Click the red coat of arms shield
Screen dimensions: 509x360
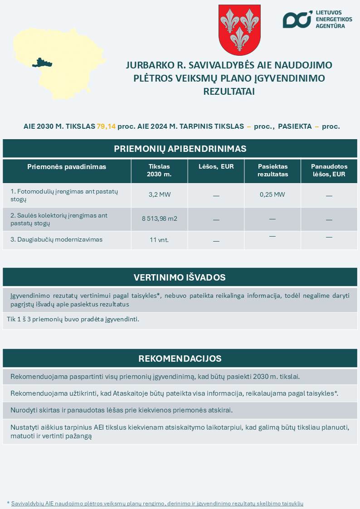[x=239, y=29]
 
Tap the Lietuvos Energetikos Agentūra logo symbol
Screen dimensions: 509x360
[x=297, y=19]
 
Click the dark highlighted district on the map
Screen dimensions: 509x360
[x=42, y=63]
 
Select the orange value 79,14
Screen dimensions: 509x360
[x=106, y=126]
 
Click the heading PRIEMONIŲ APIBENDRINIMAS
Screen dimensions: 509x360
[x=180, y=149]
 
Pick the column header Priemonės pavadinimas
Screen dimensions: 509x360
[x=67, y=167]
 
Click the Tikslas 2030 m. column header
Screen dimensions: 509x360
[x=159, y=170]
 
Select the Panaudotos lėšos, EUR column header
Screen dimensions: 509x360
[x=329, y=170]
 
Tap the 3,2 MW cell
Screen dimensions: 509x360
[x=159, y=195]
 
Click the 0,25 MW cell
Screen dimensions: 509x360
[x=272, y=195]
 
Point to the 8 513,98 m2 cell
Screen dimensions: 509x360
[x=159, y=219]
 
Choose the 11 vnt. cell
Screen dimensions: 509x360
[x=159, y=240]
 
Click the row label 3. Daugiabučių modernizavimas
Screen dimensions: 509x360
[x=56, y=239]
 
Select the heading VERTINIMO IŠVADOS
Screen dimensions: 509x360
[x=180, y=277]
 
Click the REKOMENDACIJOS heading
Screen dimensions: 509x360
[x=180, y=359]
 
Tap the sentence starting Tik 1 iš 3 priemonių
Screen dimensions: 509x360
[x=73, y=319]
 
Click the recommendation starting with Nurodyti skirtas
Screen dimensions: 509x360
[x=121, y=410]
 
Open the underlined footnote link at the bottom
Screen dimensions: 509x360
[x=157, y=503]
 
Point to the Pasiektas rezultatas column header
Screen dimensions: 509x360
[x=272, y=170]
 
